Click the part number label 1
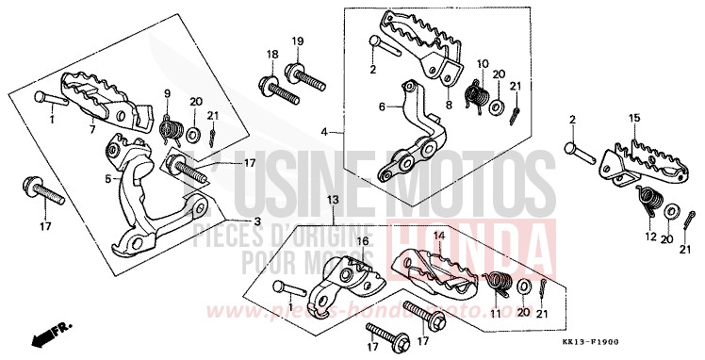click(x=53, y=121)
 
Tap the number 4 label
click(x=323, y=132)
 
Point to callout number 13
click(x=332, y=201)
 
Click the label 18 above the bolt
click(x=271, y=54)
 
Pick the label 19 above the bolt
click(x=297, y=41)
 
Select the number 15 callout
click(x=633, y=117)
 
